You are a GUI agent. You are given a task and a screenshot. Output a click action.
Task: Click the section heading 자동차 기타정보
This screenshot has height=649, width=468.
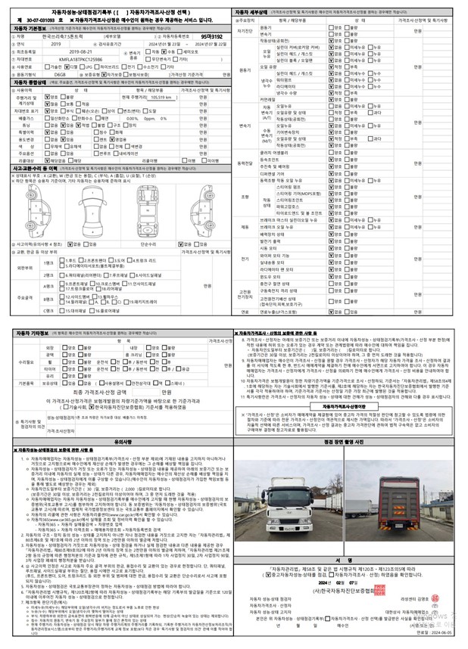33,332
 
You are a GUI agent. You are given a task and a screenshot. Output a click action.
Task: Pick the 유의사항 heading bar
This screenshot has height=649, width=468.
118,443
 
